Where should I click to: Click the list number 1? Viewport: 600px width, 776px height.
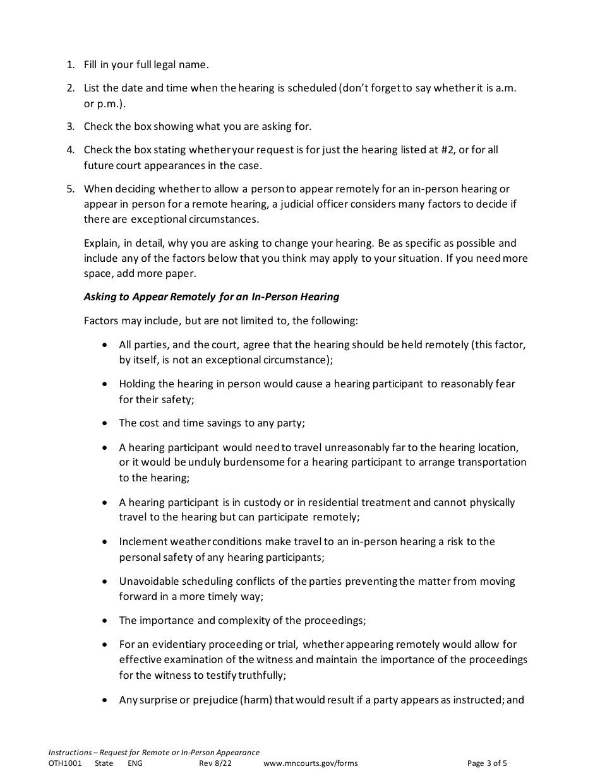pos(69,64)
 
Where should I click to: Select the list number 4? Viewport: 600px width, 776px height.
pos(69,150)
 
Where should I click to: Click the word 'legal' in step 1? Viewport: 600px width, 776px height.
pos(166,64)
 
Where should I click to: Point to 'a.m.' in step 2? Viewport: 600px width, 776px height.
pos(506,88)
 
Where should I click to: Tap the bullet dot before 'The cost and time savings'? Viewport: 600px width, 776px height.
pos(104,423)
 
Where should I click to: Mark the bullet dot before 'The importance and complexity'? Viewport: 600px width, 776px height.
pos(104,621)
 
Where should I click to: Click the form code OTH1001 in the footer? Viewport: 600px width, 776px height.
pos(65,763)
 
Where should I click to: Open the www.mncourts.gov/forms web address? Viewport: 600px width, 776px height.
pos(310,763)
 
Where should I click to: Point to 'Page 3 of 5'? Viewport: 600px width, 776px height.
pos(487,763)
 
